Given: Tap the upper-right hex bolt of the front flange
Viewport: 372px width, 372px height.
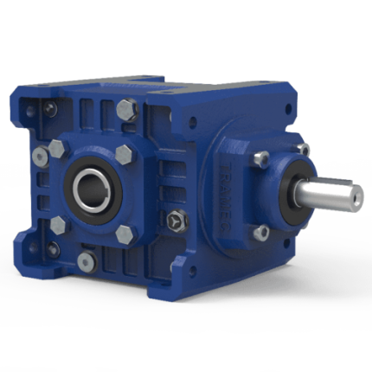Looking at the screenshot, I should [122, 157].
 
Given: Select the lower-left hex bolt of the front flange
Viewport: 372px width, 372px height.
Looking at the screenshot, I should [59, 224].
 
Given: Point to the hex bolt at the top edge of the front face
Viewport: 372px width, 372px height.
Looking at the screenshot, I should [127, 110].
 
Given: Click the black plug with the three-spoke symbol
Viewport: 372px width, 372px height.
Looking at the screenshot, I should [177, 221].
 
